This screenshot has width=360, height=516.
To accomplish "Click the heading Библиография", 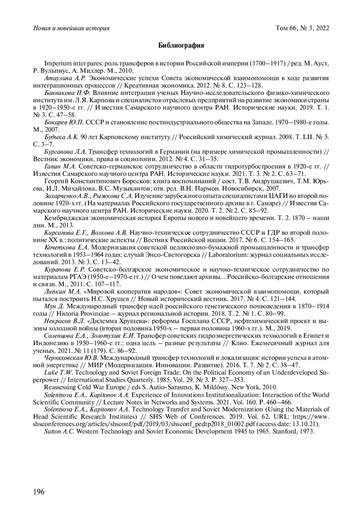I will pos(181,46).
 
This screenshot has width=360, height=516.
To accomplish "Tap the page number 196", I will pos(39,491).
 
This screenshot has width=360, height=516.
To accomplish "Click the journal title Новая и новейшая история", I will pos(71,28).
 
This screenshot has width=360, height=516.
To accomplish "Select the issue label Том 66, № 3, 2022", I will pos(302,28).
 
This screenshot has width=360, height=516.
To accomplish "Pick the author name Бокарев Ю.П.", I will pos(64,122).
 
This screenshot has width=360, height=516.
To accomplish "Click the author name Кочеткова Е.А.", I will pos(66,248).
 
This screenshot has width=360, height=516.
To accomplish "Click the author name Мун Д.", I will pos(54,306).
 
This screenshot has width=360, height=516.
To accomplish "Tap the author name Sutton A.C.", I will pos(59,431).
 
